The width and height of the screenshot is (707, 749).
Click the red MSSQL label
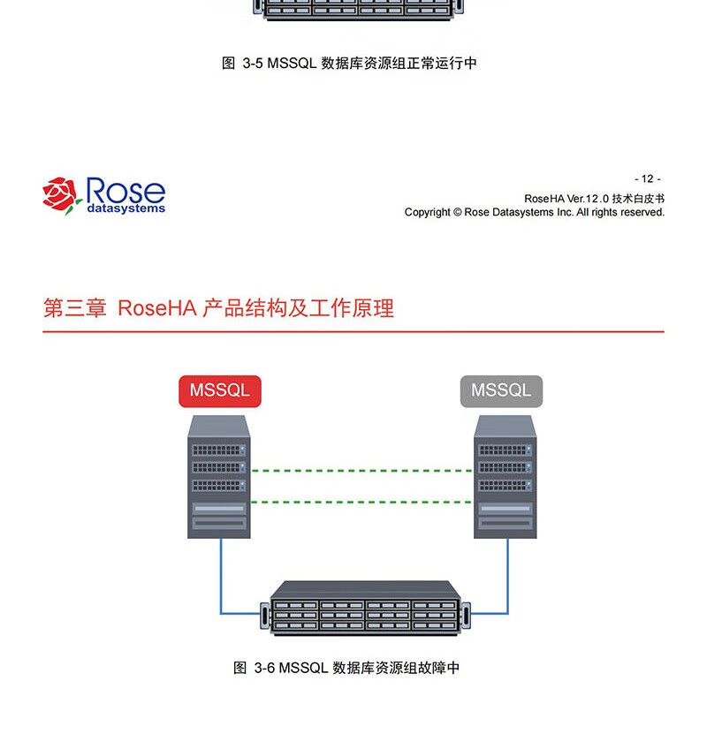click(x=220, y=390)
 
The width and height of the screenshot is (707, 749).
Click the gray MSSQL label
click(x=501, y=390)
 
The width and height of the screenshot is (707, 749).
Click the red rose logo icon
click(x=62, y=194)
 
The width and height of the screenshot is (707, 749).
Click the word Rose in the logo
click(x=125, y=190)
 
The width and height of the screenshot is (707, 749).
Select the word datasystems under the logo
click(x=125, y=209)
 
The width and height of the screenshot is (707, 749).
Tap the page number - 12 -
click(x=647, y=178)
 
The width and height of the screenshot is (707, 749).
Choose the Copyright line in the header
click(x=534, y=212)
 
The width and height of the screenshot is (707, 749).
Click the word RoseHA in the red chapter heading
click(x=156, y=308)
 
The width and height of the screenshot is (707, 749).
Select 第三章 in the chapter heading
click(x=75, y=308)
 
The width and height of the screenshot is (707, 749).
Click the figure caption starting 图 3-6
click(x=346, y=668)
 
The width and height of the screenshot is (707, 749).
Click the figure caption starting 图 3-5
click(x=349, y=64)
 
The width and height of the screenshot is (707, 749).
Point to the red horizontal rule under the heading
click(x=353, y=332)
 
